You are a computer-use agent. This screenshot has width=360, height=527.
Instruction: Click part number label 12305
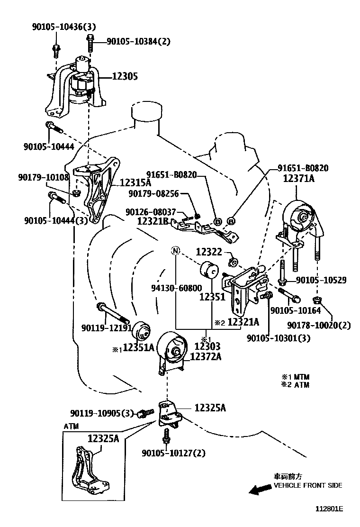pos(125,76)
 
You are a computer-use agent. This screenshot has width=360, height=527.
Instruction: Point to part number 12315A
pos(135,182)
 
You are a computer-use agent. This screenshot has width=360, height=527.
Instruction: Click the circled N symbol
pos(175,251)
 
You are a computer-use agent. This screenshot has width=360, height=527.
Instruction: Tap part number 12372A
pos(206,356)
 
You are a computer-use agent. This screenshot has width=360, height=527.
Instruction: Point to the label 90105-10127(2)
pos(173,453)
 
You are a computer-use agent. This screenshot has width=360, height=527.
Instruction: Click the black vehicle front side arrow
pos(261,490)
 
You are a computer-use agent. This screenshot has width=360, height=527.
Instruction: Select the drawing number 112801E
pos(329,509)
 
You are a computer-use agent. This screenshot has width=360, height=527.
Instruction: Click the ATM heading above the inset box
pos(71,426)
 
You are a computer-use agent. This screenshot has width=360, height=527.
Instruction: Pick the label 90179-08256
pos(153,194)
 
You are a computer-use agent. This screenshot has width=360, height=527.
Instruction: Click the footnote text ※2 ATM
pos(295,384)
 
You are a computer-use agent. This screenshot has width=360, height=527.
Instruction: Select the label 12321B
pos(153,220)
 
